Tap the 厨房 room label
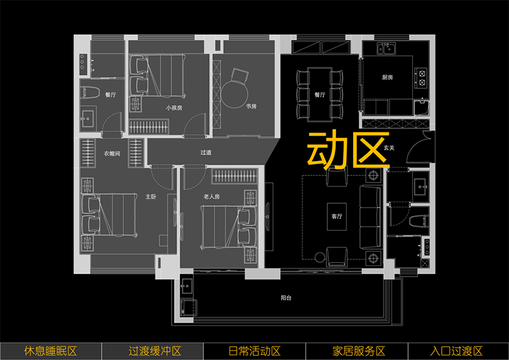point(387,77)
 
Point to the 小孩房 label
point(174,108)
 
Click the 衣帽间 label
point(111,153)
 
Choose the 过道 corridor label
point(206,153)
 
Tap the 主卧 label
point(151,197)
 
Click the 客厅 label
point(337,216)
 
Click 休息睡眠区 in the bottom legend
point(50,351)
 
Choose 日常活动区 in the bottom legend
point(254,351)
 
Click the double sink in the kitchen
point(386,49)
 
